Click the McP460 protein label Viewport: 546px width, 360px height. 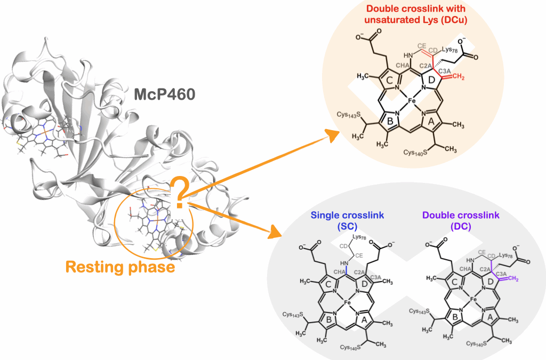(165, 96)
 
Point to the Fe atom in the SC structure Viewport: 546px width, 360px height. (347, 303)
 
